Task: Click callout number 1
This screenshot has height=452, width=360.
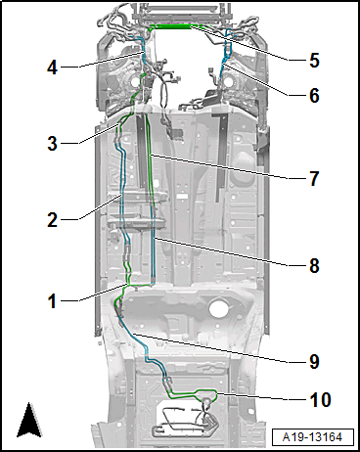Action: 52,301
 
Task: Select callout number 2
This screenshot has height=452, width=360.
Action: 52,220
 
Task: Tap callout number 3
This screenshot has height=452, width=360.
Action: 52,143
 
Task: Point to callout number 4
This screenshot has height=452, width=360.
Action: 52,68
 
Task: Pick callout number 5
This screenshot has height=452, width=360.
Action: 314,61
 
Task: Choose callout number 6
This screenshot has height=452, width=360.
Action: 314,95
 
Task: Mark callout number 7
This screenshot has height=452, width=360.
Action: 314,179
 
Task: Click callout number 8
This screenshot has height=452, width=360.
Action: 314,265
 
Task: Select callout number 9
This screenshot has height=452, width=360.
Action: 314,362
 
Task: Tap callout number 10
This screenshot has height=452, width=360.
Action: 320,400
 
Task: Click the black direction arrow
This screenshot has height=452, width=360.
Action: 29,420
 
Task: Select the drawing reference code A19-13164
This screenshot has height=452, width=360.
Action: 312,437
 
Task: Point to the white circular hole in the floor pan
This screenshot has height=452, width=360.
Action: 218,309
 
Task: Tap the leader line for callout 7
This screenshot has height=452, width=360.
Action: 219,167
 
